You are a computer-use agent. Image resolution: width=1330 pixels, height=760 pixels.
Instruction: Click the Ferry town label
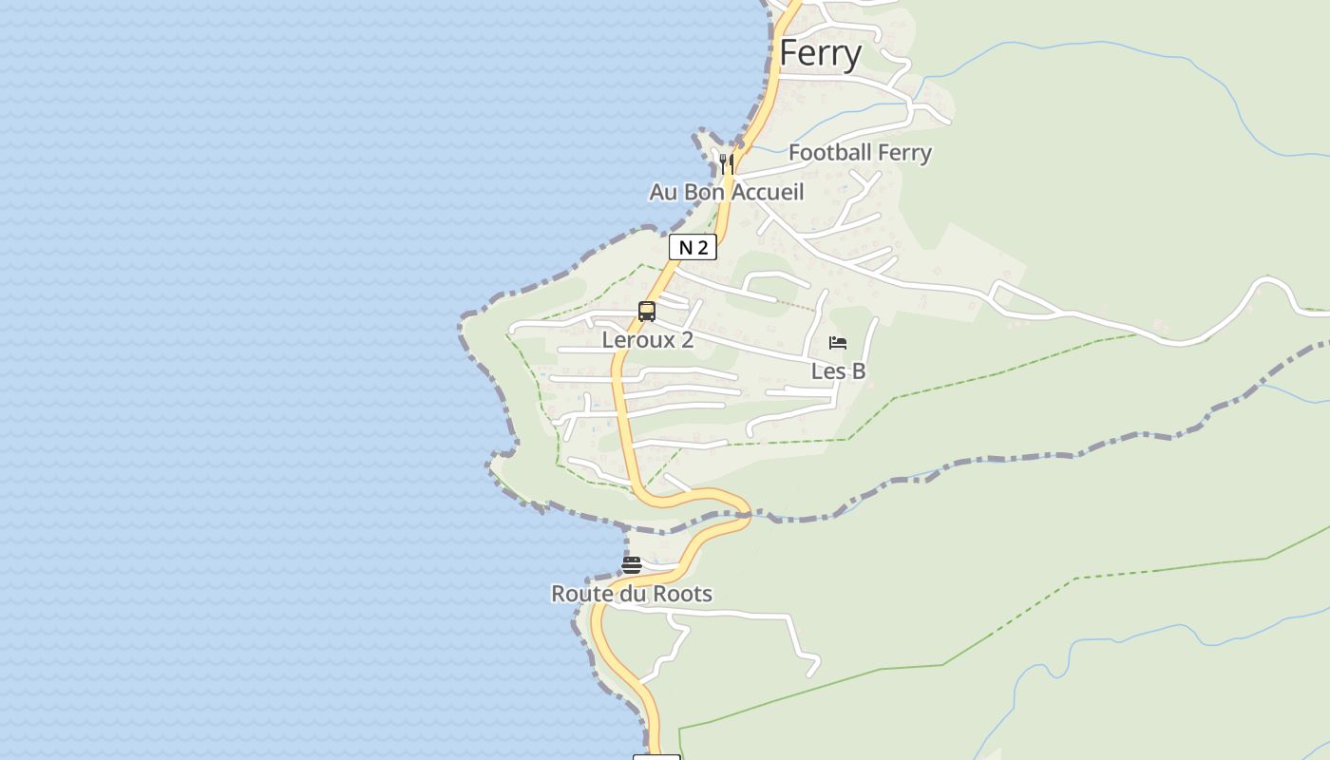pos(820,54)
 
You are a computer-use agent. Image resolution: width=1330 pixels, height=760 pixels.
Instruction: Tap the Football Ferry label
pos(860,152)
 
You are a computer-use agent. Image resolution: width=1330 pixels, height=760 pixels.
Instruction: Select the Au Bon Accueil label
pos(727,192)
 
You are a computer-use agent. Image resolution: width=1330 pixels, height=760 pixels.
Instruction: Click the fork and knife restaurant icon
pos(727,163)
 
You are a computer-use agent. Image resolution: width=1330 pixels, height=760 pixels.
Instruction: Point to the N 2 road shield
pos(693,248)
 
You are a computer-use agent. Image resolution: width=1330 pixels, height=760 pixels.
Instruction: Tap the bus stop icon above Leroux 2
pos(647,311)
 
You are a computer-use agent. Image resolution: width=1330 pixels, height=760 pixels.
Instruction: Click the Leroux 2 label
pos(648,339)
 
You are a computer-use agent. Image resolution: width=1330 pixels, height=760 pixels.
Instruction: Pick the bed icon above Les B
pos(837,343)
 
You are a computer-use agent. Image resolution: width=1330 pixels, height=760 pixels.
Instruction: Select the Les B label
pos(838,370)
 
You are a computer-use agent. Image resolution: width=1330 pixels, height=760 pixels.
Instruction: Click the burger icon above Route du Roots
pos(632,565)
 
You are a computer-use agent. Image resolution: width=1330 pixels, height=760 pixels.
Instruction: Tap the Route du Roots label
pos(632,594)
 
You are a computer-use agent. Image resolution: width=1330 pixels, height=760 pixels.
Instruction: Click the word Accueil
pos(768,192)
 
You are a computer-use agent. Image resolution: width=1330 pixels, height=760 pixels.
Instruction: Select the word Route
pos(579,594)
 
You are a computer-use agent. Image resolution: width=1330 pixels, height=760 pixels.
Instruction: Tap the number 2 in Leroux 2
pos(687,339)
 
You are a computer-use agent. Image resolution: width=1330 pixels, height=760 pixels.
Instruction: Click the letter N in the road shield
pos(684,248)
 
